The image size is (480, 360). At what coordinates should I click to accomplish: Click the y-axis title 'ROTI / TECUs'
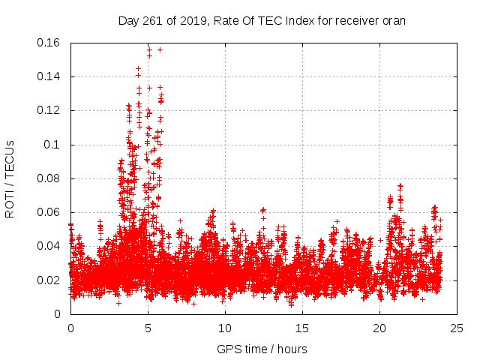click(x=10, y=178)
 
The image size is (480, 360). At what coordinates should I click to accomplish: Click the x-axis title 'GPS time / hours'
click(x=262, y=349)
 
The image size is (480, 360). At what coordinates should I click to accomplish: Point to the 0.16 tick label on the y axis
click(x=50, y=43)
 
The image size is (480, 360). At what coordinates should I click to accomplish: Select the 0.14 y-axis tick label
click(x=50, y=76)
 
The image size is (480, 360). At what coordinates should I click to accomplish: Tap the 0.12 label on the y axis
click(x=50, y=110)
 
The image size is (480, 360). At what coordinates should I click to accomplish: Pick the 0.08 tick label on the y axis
click(x=50, y=178)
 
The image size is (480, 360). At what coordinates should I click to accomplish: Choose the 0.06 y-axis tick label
click(x=50, y=212)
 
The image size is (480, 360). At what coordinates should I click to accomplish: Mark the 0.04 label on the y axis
click(x=50, y=246)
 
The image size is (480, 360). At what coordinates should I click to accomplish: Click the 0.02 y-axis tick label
click(x=50, y=280)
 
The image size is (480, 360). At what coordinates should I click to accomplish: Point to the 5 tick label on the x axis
click(x=148, y=328)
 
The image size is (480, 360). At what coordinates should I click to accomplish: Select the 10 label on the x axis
click(x=225, y=328)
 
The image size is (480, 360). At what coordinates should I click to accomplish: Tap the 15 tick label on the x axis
click(x=302, y=328)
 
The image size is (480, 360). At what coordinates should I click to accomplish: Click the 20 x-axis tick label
click(x=379, y=328)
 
